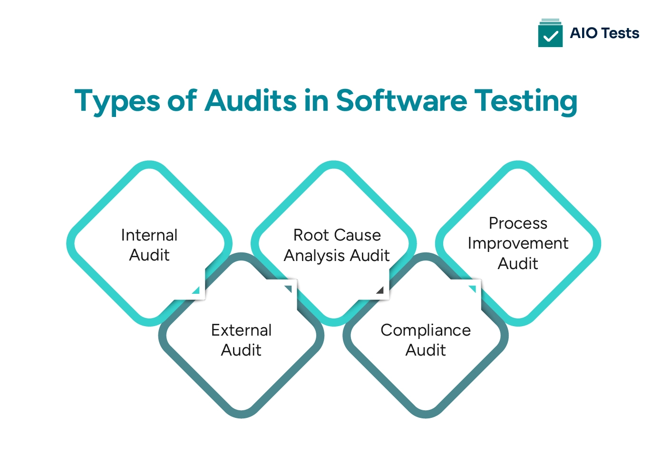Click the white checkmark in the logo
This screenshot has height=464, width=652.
(550, 36)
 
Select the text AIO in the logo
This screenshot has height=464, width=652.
(584, 33)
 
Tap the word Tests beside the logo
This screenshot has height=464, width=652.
(620, 33)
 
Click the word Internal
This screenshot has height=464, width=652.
(149, 235)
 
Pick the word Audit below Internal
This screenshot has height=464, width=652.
(149, 255)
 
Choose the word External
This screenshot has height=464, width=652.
(242, 330)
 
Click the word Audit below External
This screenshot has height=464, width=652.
(242, 350)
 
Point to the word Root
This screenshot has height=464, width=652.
(311, 235)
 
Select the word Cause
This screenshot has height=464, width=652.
(359, 235)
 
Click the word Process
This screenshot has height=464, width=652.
(518, 223)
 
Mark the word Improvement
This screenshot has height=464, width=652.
(518, 243)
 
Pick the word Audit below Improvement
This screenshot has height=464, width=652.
(518, 263)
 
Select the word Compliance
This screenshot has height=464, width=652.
(426, 330)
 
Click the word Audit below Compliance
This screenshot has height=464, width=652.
(426, 350)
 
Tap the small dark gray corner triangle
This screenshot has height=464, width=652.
(380, 290)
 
